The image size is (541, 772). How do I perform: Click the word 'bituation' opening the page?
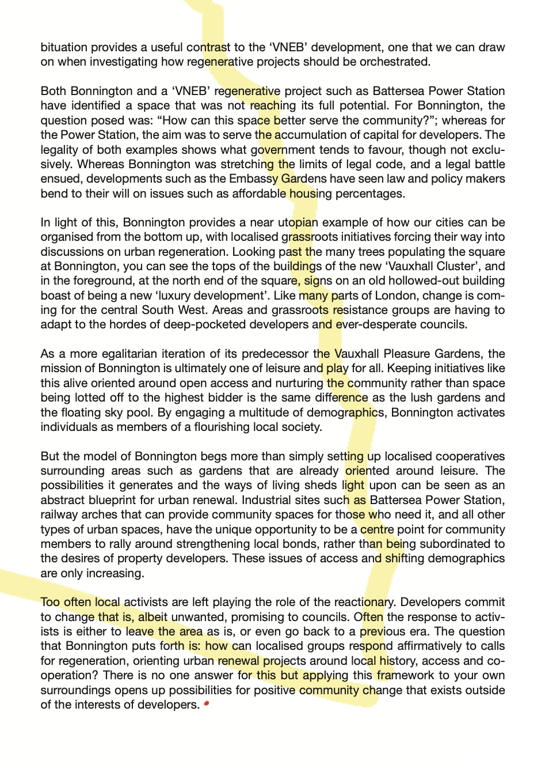64,47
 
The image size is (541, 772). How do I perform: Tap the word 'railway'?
60,514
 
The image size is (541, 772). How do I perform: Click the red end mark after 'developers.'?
206,704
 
